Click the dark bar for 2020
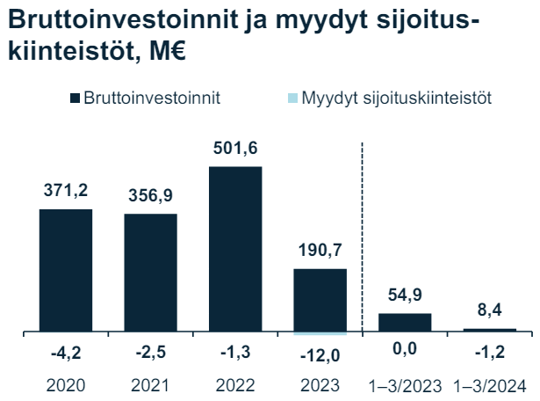66,271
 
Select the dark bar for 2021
150,273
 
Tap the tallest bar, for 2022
235,250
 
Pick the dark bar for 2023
320,301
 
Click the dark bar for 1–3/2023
405,323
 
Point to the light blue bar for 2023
320,334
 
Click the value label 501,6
235,147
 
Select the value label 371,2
66,190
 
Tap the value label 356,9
150,194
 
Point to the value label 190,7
320,251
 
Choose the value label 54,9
405,294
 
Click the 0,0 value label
405,354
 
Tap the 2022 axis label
235,384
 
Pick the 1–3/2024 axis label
490,384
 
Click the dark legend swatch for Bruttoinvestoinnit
74,98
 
